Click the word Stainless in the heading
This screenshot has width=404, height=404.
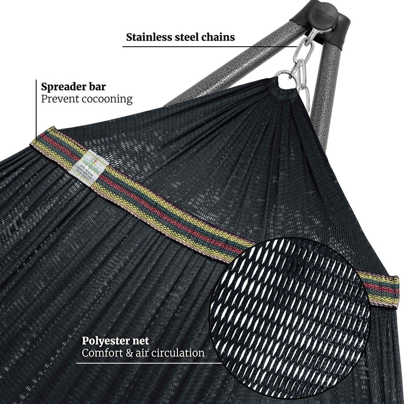[148, 37]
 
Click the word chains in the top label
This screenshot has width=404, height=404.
[217, 37]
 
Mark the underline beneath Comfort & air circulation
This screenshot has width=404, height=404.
[147, 363]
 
